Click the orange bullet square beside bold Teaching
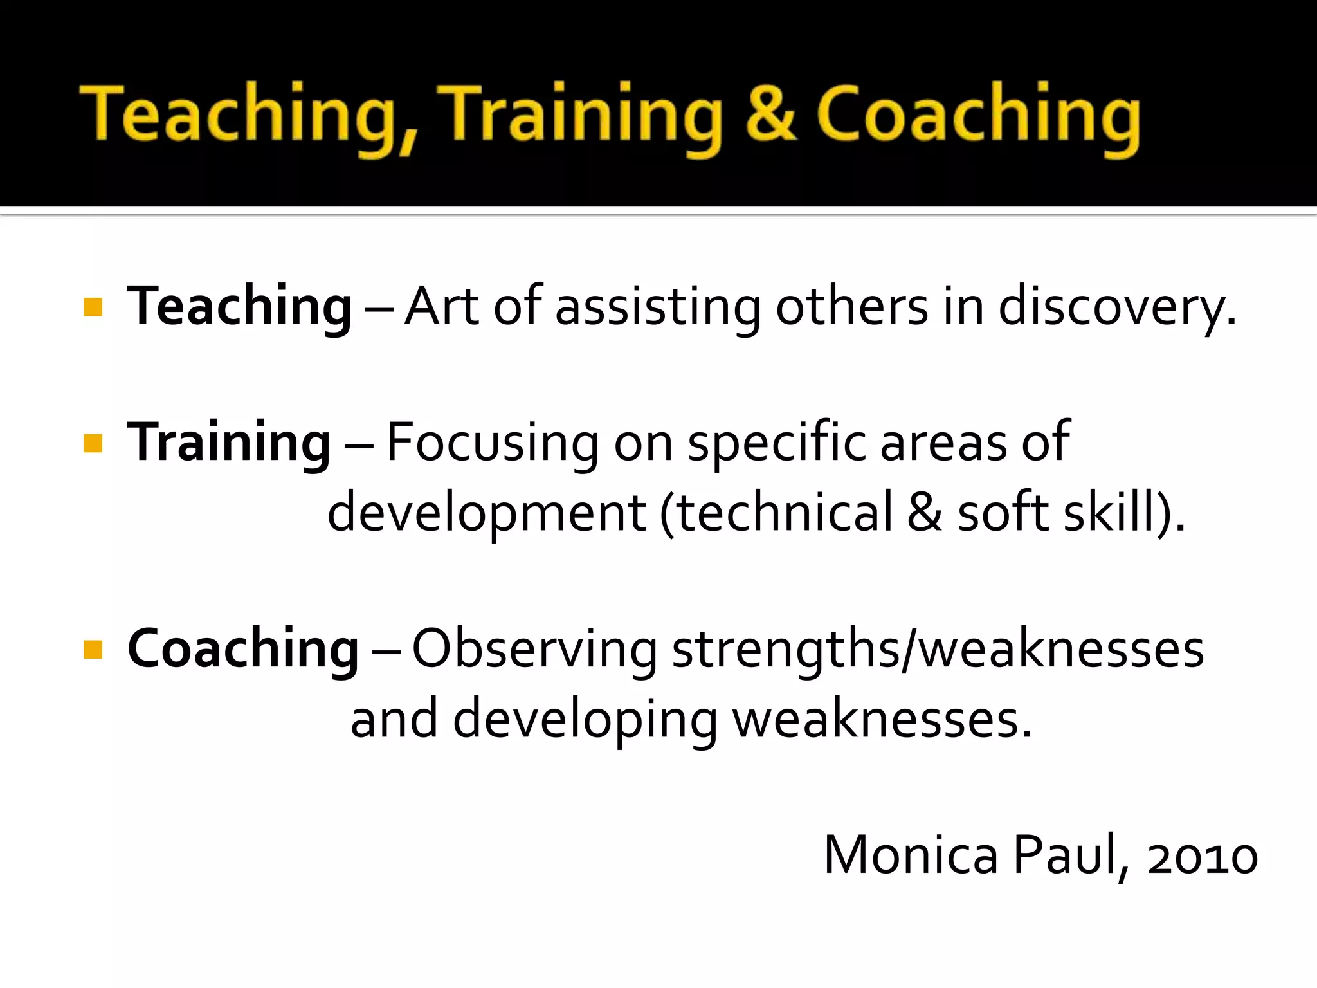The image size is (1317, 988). pos(93,307)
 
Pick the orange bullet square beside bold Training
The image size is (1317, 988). pos(93,443)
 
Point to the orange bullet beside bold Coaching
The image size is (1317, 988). pos(93,650)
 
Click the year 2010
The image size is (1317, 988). pos(1203,858)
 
